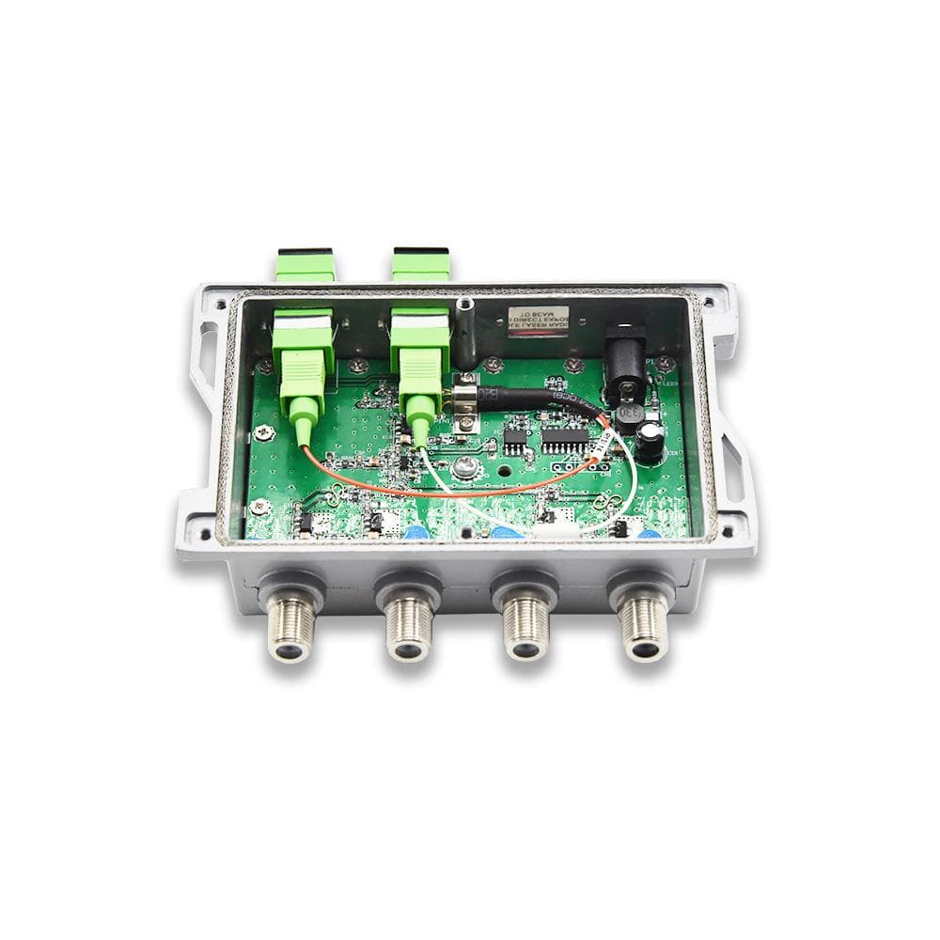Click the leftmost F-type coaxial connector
coord(291,625)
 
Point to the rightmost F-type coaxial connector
coord(645,625)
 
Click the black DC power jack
coord(625,357)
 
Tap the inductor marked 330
coord(630,414)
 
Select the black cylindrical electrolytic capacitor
coord(650,442)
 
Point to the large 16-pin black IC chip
coord(565,439)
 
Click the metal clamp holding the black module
coord(463,402)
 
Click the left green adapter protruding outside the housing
coord(305,265)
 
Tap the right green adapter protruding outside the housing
coord(420,265)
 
